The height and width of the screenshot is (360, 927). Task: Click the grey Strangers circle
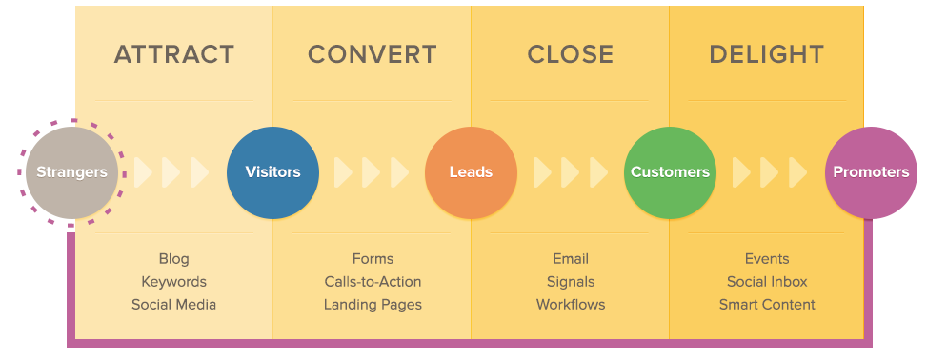tap(71, 172)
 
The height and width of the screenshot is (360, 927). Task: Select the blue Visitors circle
tap(272, 172)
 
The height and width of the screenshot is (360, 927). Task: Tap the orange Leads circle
tap(471, 172)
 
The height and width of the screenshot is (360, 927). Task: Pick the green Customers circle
tap(670, 172)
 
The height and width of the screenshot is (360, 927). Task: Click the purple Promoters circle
tap(871, 172)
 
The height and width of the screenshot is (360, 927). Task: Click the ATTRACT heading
tap(173, 54)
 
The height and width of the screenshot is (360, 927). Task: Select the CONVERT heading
tap(372, 54)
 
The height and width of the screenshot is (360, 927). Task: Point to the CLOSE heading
tap(571, 54)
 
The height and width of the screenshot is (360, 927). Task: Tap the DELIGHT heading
tap(766, 54)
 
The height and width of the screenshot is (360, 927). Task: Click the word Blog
tap(173, 259)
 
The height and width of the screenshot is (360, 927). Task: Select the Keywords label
tap(173, 282)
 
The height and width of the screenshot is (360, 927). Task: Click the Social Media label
tap(173, 305)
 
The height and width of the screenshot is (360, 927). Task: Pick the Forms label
tap(372, 259)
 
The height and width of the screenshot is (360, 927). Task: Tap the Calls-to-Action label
tap(372, 282)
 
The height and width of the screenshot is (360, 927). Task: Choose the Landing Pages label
tap(372, 305)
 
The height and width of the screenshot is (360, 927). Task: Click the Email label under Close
tap(571, 259)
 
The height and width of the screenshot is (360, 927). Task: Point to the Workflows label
tap(571, 305)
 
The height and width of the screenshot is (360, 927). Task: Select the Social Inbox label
tap(767, 282)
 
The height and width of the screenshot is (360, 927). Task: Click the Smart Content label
tap(767, 305)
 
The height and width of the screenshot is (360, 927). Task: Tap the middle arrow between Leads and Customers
tap(570, 172)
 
